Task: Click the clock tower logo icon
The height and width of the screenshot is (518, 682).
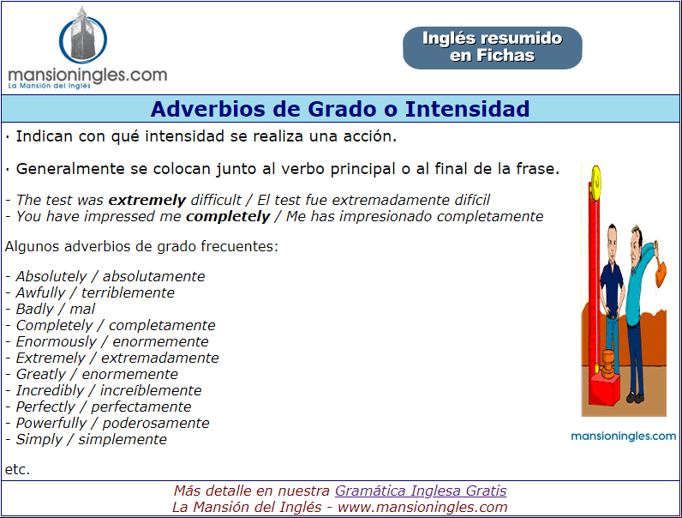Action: click(x=82, y=36)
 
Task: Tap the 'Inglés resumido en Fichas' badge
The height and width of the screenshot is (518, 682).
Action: click(x=493, y=47)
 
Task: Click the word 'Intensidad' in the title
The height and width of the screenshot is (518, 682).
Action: click(x=467, y=109)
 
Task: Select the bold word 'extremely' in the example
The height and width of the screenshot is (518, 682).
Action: click(x=147, y=200)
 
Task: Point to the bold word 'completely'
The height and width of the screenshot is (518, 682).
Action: click(x=228, y=217)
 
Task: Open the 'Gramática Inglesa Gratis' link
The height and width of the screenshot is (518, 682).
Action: click(x=421, y=491)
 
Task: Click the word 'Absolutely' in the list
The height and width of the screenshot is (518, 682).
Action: click(x=51, y=276)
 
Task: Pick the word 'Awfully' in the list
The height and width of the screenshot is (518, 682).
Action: click(x=40, y=293)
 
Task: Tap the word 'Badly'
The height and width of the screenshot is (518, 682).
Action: click(x=35, y=309)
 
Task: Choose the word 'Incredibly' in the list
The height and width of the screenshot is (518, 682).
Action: click(x=50, y=390)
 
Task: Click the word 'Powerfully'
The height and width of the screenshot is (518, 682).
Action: click(x=51, y=423)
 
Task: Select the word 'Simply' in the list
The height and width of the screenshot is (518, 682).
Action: click(x=39, y=440)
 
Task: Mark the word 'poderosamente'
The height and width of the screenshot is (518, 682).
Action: click(x=156, y=423)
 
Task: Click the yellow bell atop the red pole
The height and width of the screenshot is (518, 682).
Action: click(x=595, y=179)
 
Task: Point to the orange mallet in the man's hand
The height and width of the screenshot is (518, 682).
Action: click(x=660, y=271)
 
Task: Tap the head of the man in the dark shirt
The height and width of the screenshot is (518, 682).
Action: click(x=613, y=238)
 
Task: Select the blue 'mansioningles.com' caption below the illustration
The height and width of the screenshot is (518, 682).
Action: click(x=623, y=437)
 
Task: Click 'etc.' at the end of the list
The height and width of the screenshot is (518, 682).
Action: click(x=17, y=469)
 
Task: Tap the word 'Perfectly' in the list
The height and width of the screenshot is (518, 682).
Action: click(x=45, y=407)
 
